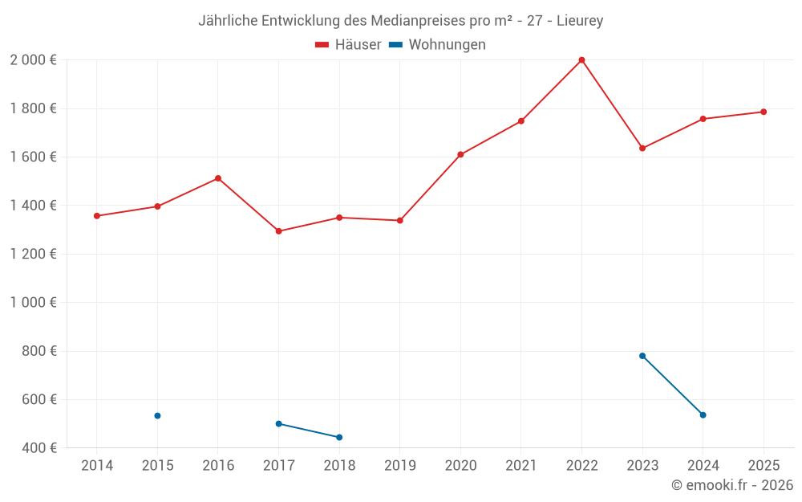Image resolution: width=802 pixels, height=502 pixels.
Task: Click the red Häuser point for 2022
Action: click(x=581, y=60)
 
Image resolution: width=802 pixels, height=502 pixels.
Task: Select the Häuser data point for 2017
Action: click(x=278, y=231)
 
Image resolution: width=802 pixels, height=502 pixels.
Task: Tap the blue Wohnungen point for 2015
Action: click(x=157, y=416)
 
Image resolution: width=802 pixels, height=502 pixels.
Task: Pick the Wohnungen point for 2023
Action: click(x=642, y=356)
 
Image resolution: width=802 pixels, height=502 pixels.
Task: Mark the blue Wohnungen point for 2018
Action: click(x=339, y=438)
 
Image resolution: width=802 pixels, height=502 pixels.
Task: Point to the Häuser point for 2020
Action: click(x=460, y=154)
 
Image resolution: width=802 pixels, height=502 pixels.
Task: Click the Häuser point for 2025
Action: click(x=764, y=112)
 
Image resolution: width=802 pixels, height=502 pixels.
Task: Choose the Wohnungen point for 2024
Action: click(x=703, y=415)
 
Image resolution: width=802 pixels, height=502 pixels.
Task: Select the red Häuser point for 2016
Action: click(x=218, y=178)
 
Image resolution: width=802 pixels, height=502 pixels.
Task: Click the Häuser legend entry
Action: click(x=349, y=45)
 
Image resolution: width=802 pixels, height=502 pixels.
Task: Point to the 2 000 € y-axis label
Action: click(x=33, y=60)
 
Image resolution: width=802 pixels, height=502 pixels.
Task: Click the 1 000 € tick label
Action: click(x=33, y=303)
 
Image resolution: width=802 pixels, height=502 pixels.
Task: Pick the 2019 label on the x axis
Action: click(x=400, y=466)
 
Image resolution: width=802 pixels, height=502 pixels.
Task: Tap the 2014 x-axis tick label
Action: click(x=97, y=466)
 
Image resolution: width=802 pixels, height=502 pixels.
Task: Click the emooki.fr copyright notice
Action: click(x=732, y=485)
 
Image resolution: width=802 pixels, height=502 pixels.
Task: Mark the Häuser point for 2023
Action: click(x=642, y=149)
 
